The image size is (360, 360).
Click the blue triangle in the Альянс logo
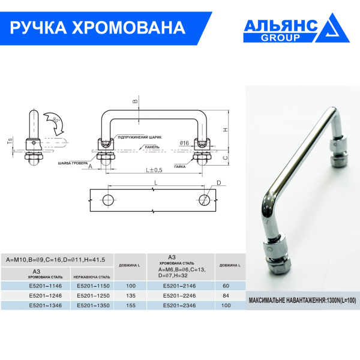337,30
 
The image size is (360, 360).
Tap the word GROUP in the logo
280,37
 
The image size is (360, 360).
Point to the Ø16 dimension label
184,143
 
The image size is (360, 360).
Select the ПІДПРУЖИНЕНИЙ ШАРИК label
139,137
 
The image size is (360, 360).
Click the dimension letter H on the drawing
224,130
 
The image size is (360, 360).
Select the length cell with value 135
130,295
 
